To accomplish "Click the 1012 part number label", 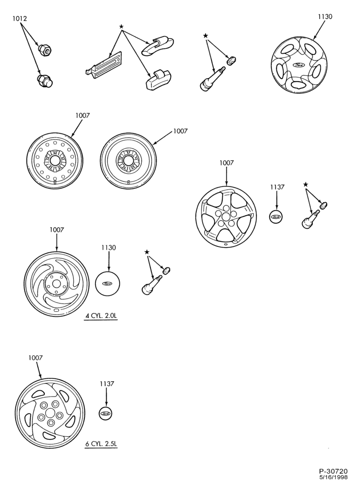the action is pyautogui.click(x=19, y=18).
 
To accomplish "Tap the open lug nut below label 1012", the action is pyautogui.click(x=45, y=49).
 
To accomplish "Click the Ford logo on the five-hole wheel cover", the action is pyautogui.click(x=299, y=65).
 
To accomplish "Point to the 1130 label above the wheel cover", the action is pyautogui.click(x=325, y=17).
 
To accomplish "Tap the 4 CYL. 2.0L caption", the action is pyautogui.click(x=101, y=316).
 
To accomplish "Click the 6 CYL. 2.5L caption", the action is pyautogui.click(x=101, y=444).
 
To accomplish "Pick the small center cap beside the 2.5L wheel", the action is pyautogui.click(x=105, y=414).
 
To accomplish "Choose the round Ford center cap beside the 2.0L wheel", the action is pyautogui.click(x=108, y=283).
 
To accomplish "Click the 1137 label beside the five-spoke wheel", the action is pyautogui.click(x=277, y=187).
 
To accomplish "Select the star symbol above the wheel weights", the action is pyautogui.click(x=121, y=27).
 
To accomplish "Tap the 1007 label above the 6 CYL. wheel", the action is pyautogui.click(x=35, y=358).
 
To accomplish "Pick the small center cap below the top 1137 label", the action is pyautogui.click(x=275, y=216).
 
